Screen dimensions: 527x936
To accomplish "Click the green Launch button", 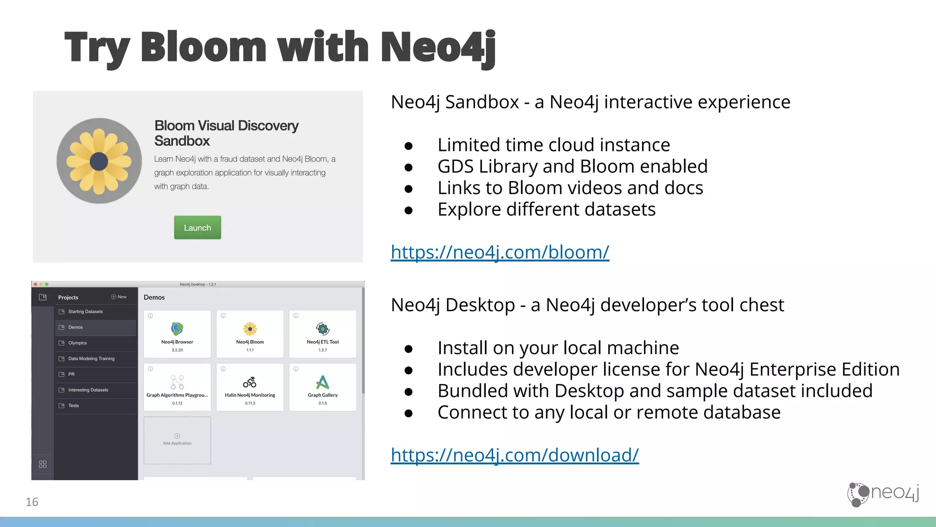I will [x=197, y=227].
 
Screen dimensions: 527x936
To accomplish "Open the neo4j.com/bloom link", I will [x=500, y=252].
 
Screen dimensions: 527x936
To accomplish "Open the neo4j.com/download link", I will [x=515, y=455].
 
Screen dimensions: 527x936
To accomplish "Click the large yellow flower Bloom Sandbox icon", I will [x=99, y=161].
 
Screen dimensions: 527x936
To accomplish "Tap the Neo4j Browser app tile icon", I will [x=177, y=328].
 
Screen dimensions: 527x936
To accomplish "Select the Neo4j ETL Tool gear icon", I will [x=323, y=328].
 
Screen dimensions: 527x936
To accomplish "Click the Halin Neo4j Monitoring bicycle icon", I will [x=250, y=382].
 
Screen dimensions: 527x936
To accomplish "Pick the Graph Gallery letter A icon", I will [x=323, y=382].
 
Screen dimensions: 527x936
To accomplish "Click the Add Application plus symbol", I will [x=177, y=436].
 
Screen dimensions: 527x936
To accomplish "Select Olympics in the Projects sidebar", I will [x=78, y=343].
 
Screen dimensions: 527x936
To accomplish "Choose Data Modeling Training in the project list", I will [x=91, y=359].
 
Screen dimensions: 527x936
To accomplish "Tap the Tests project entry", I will [x=74, y=406].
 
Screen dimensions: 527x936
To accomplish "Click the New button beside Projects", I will [x=119, y=297].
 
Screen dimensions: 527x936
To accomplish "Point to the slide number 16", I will [x=32, y=502].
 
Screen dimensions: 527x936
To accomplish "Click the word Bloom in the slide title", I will [x=203, y=47].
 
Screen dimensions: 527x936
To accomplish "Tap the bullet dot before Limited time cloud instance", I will [x=409, y=146].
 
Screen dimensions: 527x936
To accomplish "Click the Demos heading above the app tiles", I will [x=154, y=297].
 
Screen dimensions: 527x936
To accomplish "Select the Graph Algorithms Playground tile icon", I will [x=177, y=382].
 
